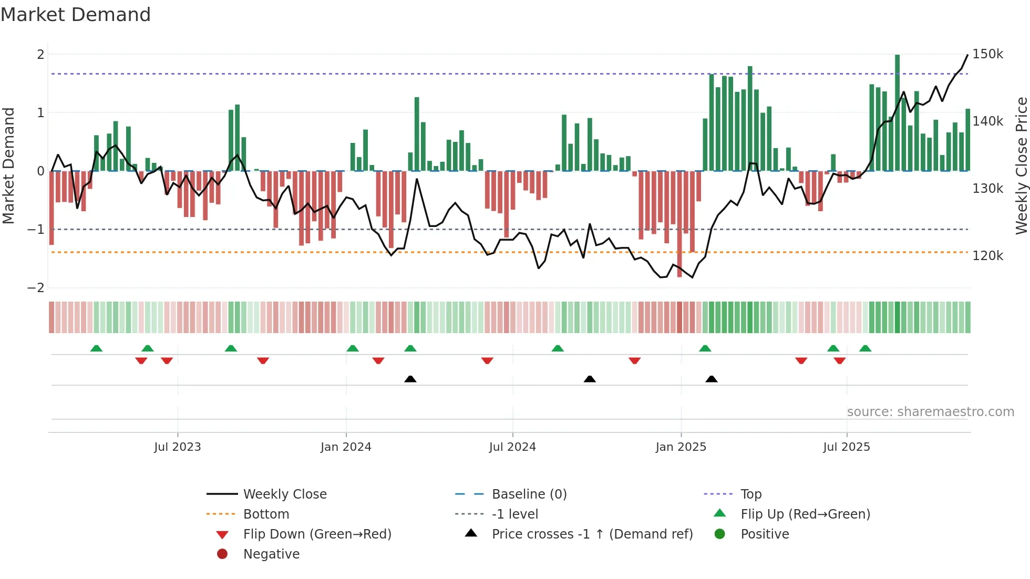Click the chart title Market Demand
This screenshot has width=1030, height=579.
tap(76, 15)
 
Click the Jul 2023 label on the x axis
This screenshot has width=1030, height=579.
tap(177, 447)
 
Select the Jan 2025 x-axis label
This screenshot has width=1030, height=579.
tap(681, 447)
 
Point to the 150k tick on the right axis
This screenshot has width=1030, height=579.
tap(987, 54)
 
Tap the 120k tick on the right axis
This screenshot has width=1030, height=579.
tap(987, 256)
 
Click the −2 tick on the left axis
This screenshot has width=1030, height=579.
tap(36, 287)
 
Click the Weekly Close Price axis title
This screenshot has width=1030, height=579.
tap(1021, 166)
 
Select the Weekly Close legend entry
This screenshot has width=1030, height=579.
tap(284, 494)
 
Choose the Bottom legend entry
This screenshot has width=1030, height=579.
tap(266, 514)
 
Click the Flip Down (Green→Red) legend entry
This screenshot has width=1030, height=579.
tap(317, 534)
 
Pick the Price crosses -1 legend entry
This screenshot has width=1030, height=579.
tap(592, 534)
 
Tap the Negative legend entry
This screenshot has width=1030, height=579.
tap(271, 554)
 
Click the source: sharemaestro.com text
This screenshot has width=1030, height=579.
tap(930, 412)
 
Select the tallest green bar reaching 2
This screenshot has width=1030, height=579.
tap(897, 113)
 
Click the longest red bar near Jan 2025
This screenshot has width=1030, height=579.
tap(679, 223)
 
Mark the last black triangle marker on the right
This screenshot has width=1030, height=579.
tap(712, 379)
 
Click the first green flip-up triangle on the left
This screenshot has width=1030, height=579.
tap(96, 348)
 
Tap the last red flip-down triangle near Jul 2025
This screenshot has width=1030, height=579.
tap(839, 360)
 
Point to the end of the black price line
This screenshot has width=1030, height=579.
tap(967, 55)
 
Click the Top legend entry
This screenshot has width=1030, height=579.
tap(750, 494)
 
